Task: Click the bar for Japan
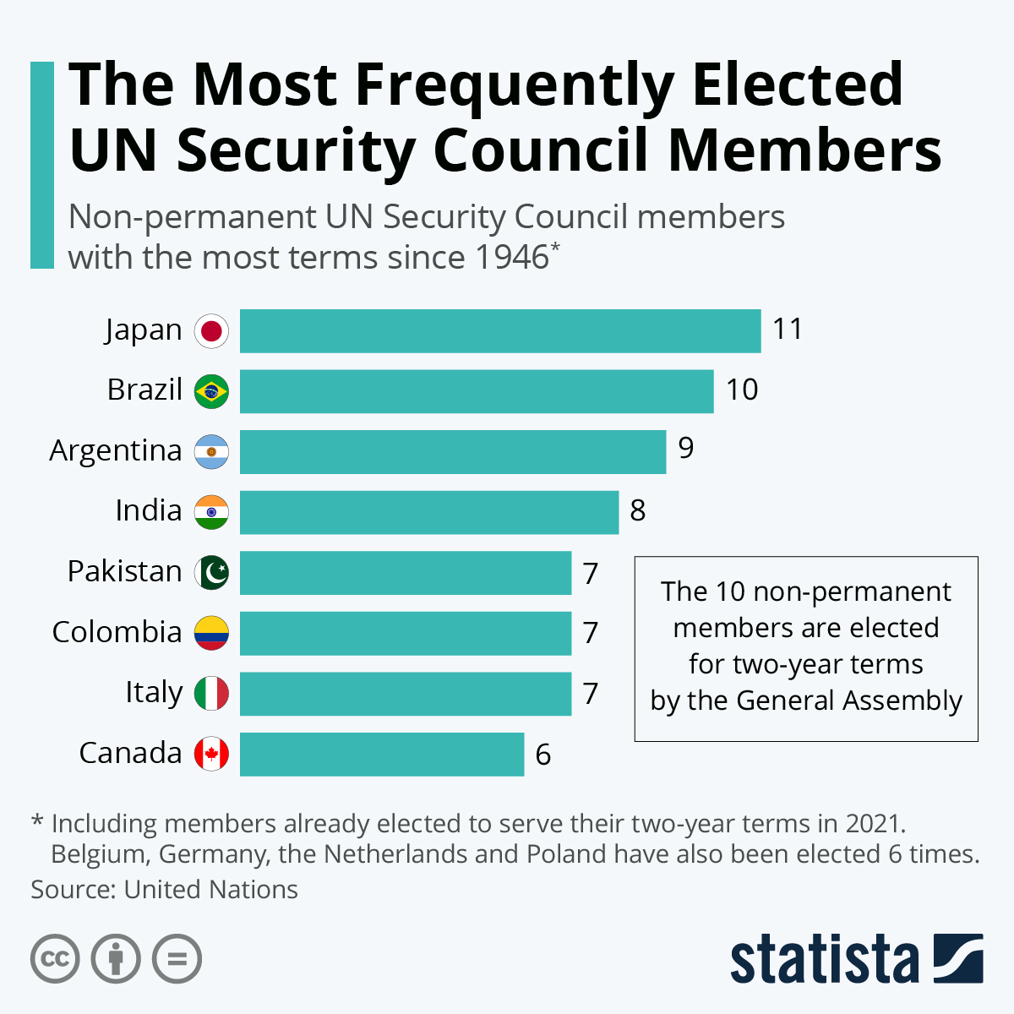[500, 330]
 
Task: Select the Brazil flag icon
[211, 391]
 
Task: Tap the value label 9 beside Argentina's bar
[685, 448]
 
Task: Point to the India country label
[149, 511]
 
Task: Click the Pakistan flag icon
[211, 573]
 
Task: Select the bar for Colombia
[406, 633]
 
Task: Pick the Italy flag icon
[211, 694]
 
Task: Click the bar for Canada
[382, 754]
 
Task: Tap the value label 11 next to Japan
[788, 329]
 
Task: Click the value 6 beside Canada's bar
[543, 755]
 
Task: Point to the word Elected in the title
[798, 84]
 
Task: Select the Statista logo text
[824, 960]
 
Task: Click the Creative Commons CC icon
[55, 959]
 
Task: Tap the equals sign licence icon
[177, 959]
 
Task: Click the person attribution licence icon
[116, 959]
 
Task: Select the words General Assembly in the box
[849, 701]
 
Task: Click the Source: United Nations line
[165, 890]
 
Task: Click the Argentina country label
[116, 451]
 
